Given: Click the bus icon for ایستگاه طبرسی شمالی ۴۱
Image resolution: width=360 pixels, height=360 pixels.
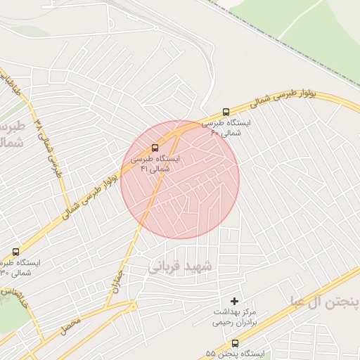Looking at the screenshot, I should pyautogui.click(x=155, y=147).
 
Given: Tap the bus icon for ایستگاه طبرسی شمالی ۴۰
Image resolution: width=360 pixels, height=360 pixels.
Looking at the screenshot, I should pyautogui.click(x=226, y=111).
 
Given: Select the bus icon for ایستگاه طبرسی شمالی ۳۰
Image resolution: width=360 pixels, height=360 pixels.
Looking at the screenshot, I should pyautogui.click(x=16, y=251).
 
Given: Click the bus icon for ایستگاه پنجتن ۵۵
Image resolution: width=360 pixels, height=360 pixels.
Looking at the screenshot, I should pyautogui.click(x=235, y=343).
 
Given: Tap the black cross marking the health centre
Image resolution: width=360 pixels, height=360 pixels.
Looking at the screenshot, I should pyautogui.click(x=235, y=300).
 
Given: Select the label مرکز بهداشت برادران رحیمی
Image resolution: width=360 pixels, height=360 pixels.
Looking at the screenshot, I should pyautogui.click(x=235, y=317).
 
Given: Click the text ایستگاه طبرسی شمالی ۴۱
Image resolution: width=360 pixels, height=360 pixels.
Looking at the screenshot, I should pyautogui.click(x=155, y=164).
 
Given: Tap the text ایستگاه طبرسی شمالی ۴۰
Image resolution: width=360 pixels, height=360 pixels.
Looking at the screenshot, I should pyautogui.click(x=226, y=127).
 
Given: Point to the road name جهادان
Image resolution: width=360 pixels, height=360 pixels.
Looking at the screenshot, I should pyautogui.click(x=116, y=281).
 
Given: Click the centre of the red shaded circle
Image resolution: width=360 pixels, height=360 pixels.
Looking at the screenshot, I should pyautogui.click(x=180, y=179).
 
